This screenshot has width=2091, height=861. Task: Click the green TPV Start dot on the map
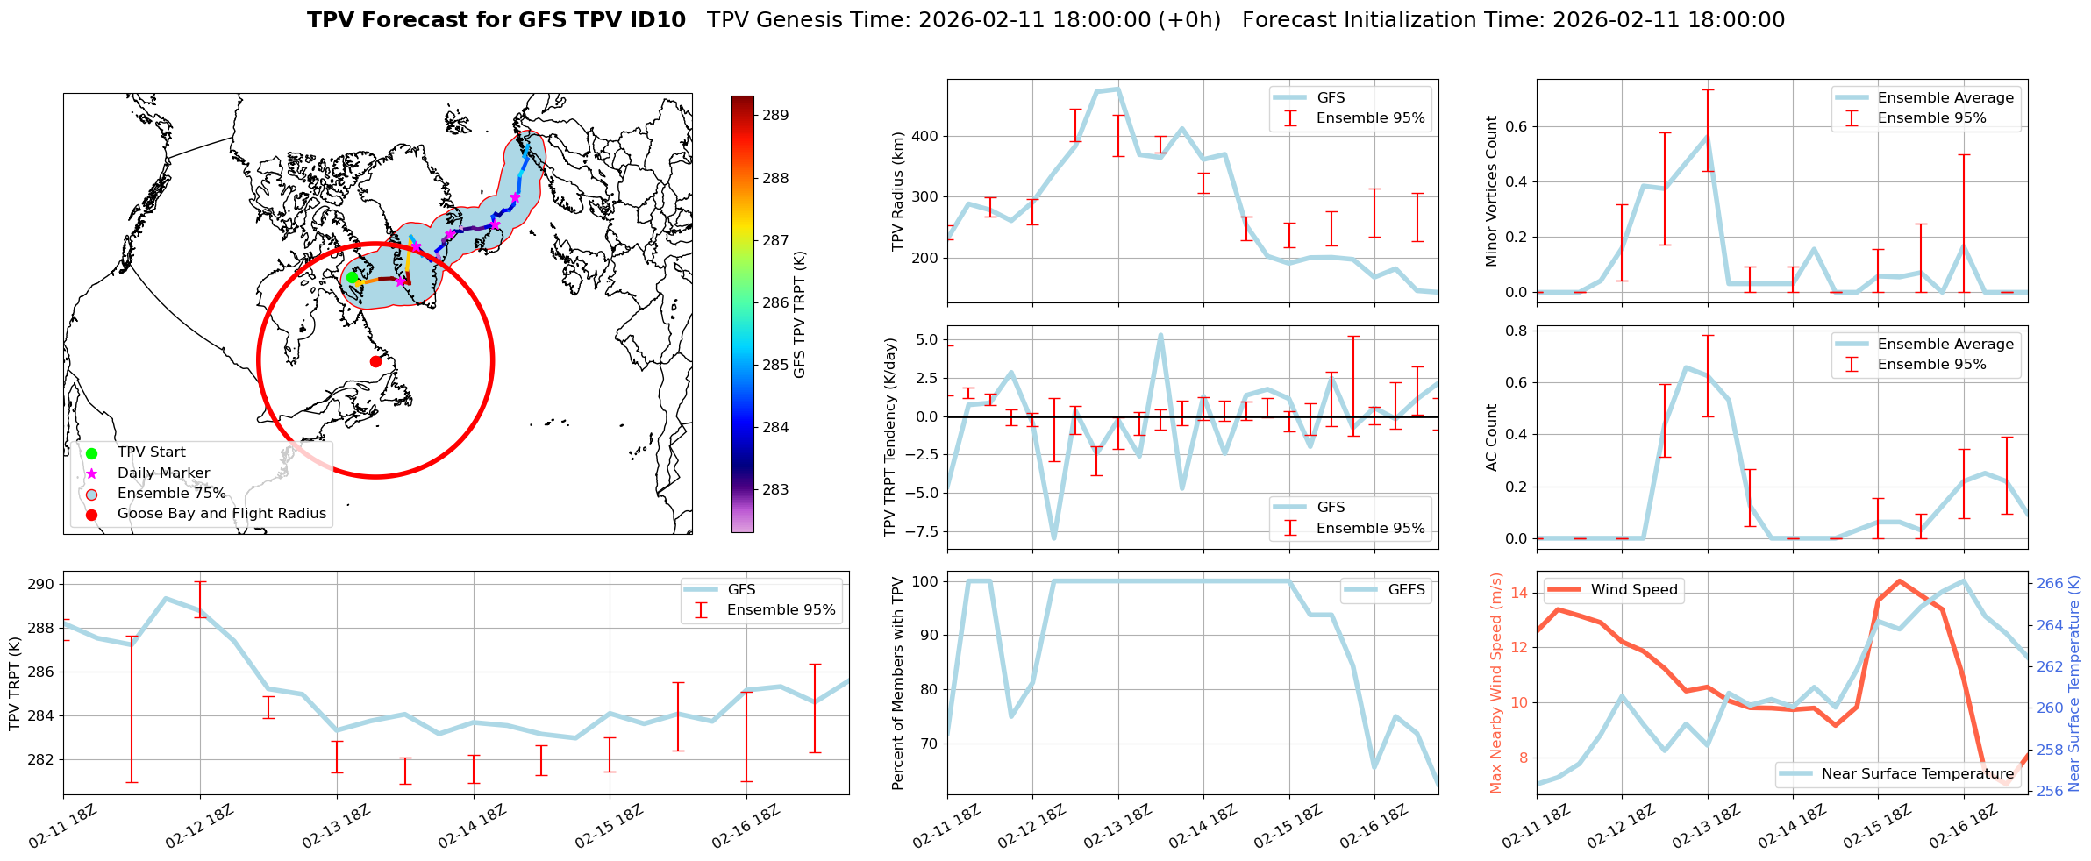click(352, 277)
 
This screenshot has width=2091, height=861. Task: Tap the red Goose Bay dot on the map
click(375, 361)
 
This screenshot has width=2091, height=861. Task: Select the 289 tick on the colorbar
click(774, 115)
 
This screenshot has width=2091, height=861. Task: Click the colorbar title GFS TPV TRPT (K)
click(799, 315)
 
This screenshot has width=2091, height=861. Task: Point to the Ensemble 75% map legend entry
click(171, 494)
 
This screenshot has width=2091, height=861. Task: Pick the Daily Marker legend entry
click(163, 473)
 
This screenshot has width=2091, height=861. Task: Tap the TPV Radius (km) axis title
click(897, 191)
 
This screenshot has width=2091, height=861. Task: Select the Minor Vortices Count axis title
click(1491, 191)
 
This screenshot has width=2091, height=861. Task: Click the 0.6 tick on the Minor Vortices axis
click(1516, 126)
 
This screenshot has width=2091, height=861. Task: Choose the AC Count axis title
click(1491, 438)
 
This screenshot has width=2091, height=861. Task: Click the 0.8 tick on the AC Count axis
click(1516, 331)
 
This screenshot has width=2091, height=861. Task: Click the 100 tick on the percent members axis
click(924, 581)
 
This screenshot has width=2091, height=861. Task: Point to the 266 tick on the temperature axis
click(2049, 584)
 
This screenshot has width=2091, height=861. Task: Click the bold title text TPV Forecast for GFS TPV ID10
click(496, 20)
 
